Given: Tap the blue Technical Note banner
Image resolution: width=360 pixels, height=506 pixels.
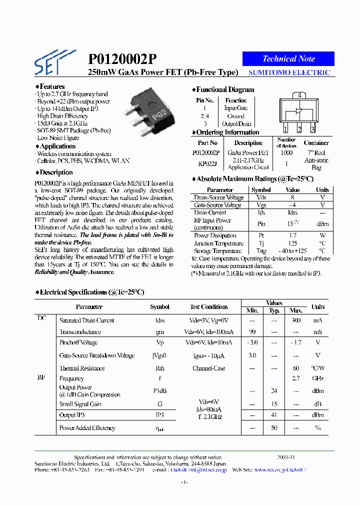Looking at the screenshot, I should pos(288,58).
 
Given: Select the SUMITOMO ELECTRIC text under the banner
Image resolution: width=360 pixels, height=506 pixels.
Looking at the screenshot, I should pos(289,72).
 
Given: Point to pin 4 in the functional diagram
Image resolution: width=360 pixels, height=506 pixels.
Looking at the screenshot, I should pos(299,94).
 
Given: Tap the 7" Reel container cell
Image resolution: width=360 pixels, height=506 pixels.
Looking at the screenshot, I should pos(316,152).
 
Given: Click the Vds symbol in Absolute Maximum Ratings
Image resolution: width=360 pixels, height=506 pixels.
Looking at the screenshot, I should pos(261,197).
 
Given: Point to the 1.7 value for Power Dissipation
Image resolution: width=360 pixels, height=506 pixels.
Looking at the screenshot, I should pos(292,235).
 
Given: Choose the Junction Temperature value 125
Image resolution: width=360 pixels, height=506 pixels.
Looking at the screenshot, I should pos(292,243).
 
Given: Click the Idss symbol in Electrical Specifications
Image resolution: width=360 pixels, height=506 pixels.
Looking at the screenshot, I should pos(159,320).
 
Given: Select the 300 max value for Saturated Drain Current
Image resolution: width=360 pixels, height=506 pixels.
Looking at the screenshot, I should pos(296,320).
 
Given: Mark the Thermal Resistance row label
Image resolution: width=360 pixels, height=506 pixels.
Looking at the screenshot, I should pos(82,368).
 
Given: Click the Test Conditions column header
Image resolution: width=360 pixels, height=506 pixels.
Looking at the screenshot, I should pos(208,307).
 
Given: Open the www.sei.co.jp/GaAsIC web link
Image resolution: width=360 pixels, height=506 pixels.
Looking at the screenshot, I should pos(280,470).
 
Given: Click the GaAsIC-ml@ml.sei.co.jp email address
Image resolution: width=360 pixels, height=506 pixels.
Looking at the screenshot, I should pos(198,470).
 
